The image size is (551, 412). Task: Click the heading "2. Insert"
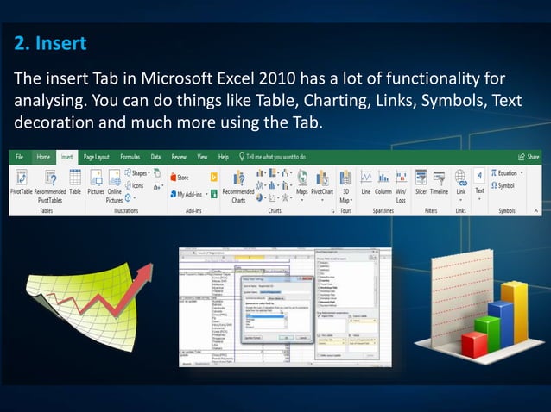point(50,42)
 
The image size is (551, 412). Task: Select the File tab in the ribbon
point(18,158)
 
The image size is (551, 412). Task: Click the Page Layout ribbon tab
point(96,158)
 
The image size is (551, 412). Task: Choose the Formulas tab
point(130,158)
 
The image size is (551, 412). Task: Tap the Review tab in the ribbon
point(179,158)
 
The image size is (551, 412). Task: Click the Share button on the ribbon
point(529,158)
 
